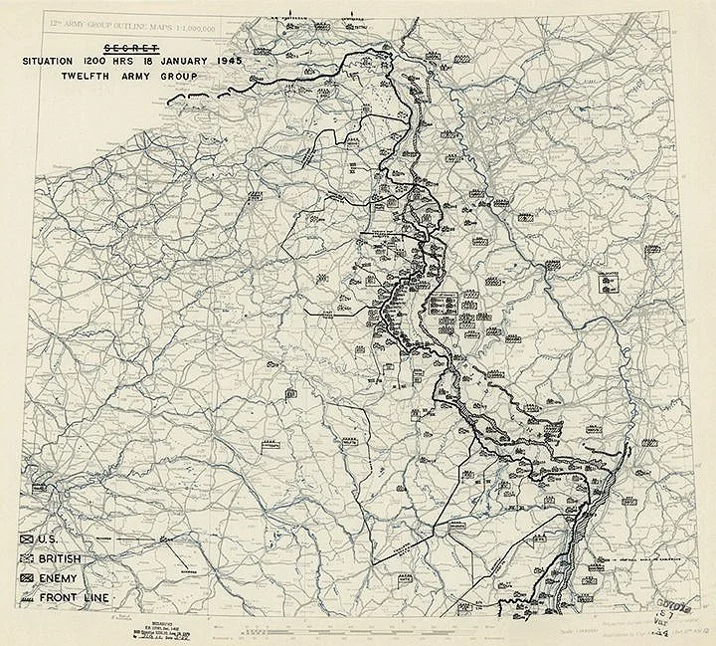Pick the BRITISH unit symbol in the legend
click(28, 558)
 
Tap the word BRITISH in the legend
click(64, 558)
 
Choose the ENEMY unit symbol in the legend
click(28, 577)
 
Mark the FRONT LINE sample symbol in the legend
click(28, 597)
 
